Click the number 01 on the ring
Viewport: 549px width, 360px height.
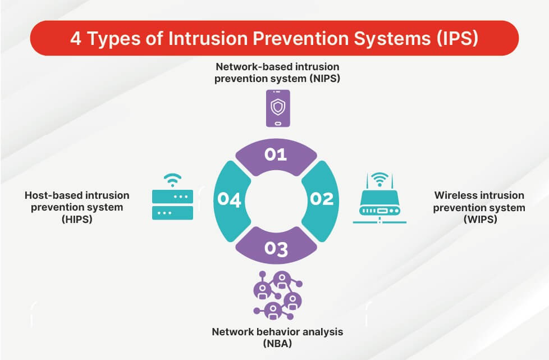(276, 154)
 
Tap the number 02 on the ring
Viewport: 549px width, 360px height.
(322, 199)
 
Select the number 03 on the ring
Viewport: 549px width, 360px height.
(276, 249)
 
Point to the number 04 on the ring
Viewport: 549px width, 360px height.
(230, 199)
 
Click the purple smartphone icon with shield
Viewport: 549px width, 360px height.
(278, 108)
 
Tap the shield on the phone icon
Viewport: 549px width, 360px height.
(278, 107)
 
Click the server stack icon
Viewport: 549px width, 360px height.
(172, 204)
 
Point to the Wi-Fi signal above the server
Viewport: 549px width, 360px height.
(172, 180)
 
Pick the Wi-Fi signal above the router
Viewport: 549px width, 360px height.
(379, 179)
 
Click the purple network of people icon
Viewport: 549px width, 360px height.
(278, 295)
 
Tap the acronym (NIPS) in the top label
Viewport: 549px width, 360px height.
(324, 79)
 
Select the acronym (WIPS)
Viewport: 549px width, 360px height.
(480, 220)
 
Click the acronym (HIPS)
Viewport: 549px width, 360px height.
(77, 220)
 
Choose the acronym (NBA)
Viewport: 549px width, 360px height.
(277, 344)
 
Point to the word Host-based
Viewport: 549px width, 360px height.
(53, 195)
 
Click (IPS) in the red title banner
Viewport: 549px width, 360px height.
(457, 38)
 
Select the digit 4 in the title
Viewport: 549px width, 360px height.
(76, 38)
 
